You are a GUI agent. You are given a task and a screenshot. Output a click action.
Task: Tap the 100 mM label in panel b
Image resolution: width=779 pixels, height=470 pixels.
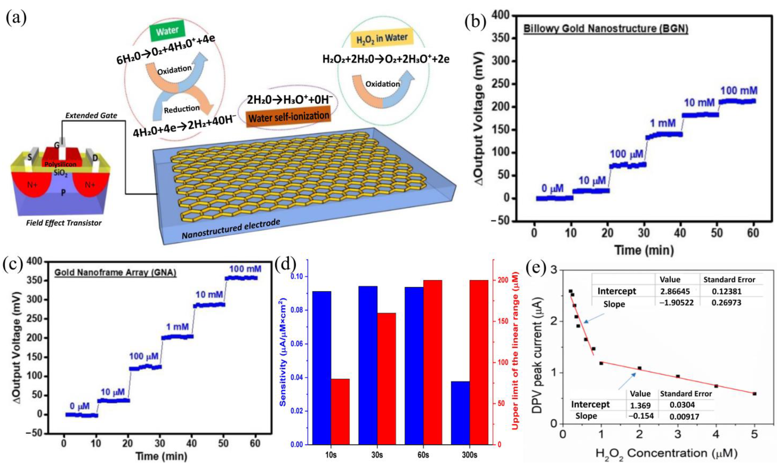click(739, 91)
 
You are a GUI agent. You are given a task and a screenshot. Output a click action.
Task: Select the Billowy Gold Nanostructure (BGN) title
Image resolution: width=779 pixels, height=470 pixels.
click(606, 29)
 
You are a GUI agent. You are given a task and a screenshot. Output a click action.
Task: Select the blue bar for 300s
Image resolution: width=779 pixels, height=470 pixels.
click(460, 413)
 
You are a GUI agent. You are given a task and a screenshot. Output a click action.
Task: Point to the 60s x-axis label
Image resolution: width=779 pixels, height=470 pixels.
click(423, 455)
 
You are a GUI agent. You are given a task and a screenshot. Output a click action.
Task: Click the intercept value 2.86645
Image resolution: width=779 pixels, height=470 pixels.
click(675, 291)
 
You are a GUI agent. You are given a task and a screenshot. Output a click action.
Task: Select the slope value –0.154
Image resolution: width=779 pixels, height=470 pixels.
click(641, 416)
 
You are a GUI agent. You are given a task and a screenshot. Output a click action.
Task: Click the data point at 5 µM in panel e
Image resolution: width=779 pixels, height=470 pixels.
click(754, 393)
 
